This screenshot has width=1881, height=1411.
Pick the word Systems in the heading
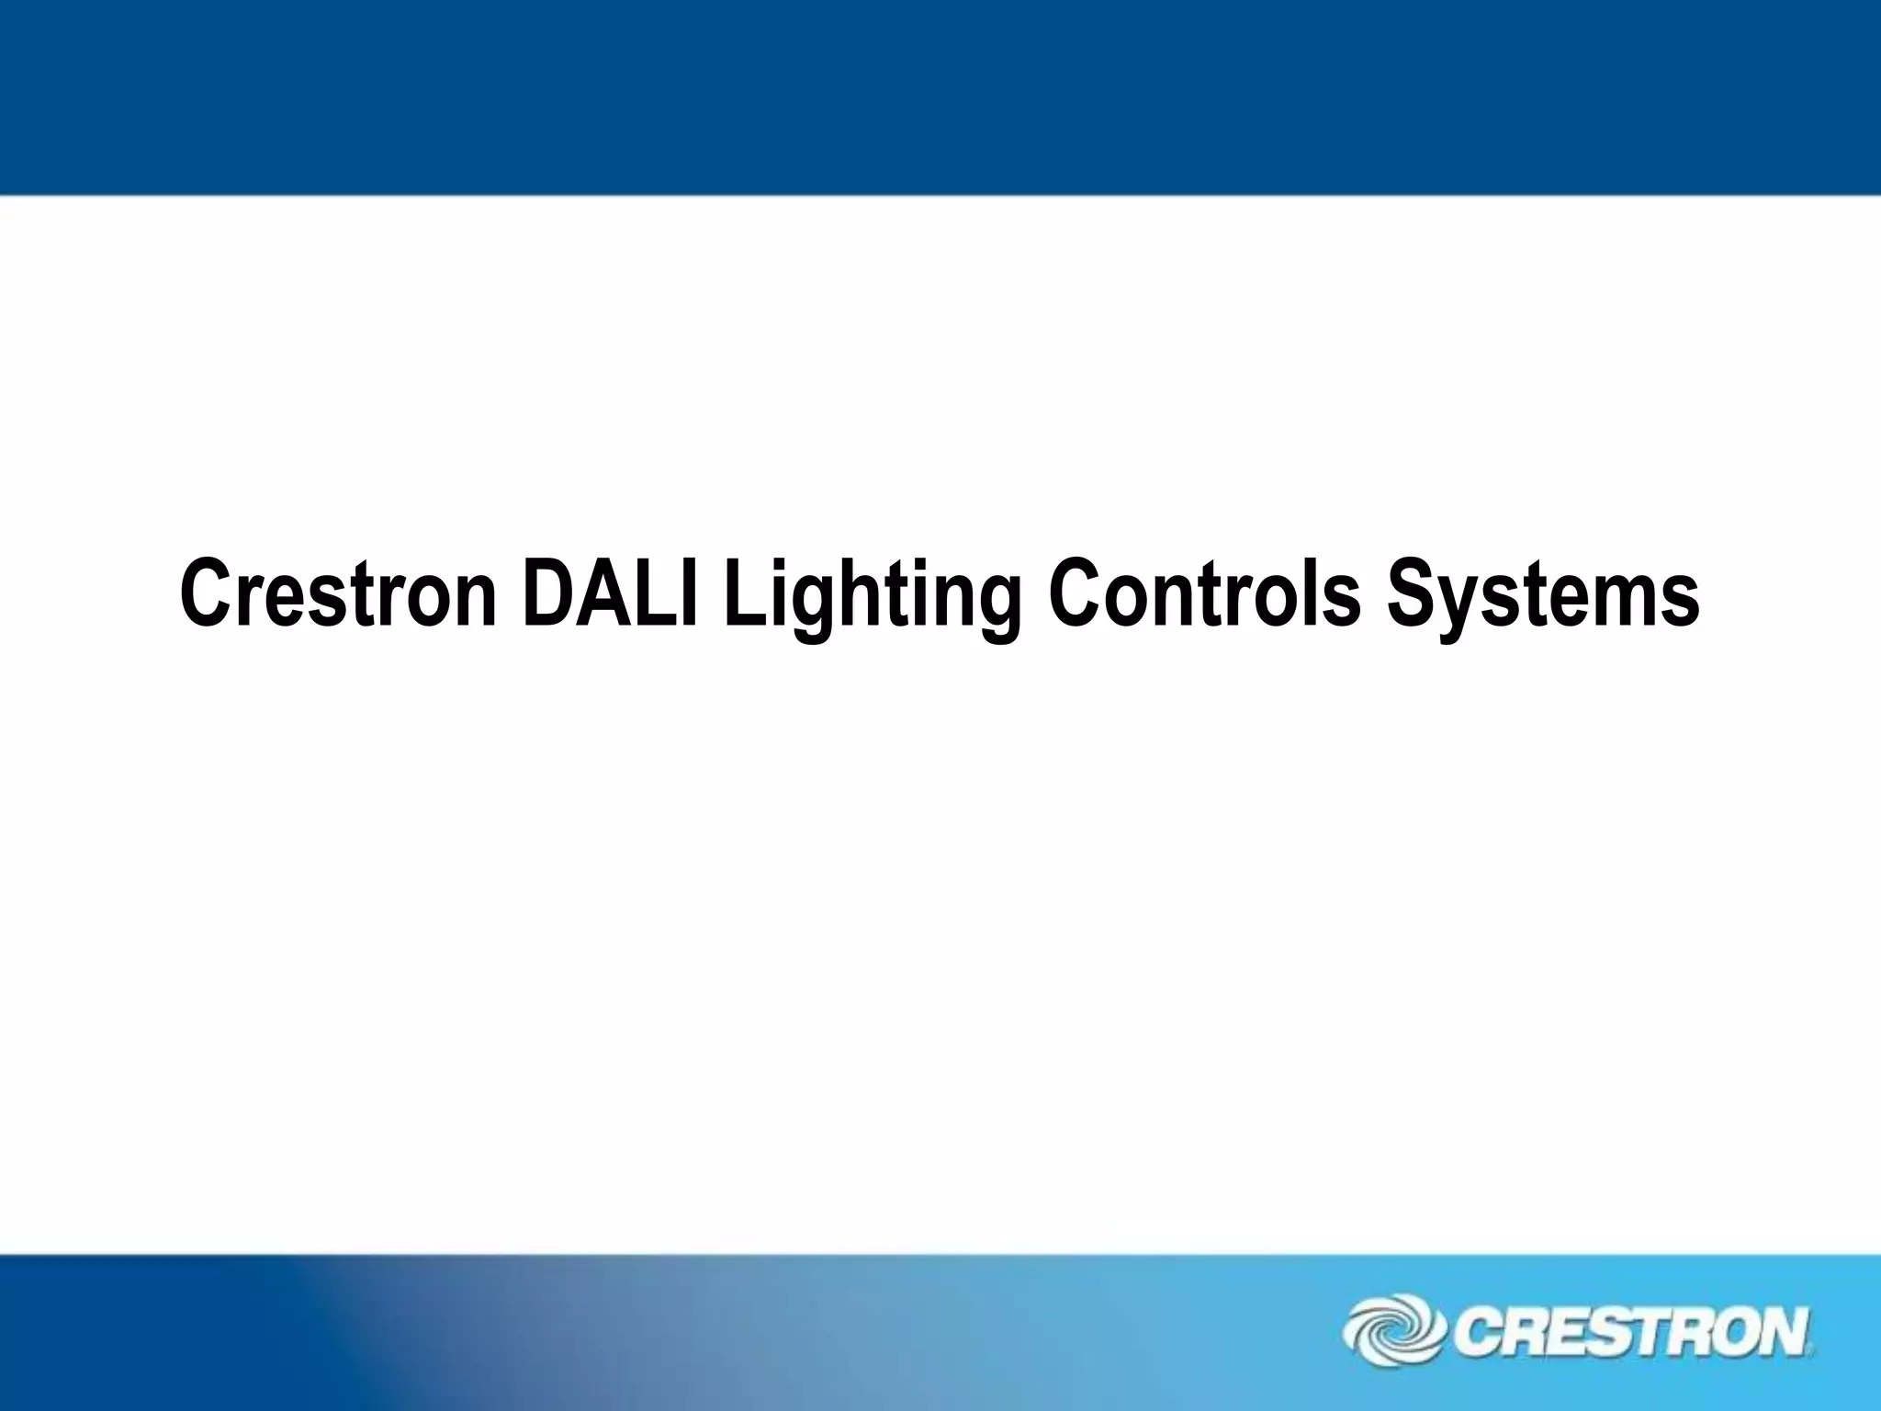pos(1542,597)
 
